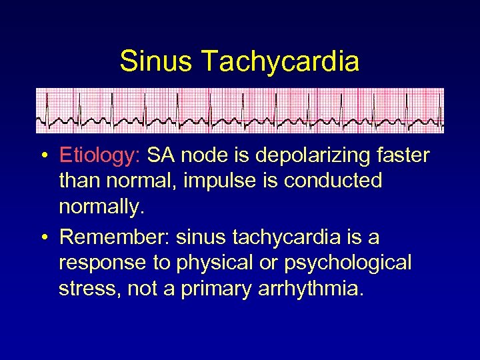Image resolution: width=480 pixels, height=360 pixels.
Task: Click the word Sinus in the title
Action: pyautogui.click(x=156, y=61)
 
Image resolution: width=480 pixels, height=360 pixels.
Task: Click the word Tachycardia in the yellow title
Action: pyautogui.click(x=279, y=61)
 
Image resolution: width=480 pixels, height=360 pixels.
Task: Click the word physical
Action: pyautogui.click(x=214, y=263)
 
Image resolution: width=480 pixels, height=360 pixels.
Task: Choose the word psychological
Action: pyautogui.click(x=347, y=263)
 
